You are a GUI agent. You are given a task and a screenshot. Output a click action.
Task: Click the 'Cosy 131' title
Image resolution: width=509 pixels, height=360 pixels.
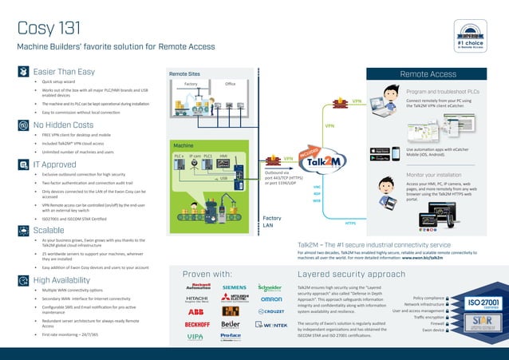(49, 28)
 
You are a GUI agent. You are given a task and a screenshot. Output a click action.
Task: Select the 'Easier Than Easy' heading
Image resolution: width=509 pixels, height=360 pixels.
(64, 71)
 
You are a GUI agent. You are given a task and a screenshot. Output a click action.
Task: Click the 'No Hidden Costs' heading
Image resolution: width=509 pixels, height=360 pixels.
(63, 125)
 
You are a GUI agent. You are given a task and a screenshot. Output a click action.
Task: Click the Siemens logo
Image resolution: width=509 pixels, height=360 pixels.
(234, 287)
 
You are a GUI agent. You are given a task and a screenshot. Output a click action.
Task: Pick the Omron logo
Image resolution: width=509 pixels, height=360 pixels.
(271, 299)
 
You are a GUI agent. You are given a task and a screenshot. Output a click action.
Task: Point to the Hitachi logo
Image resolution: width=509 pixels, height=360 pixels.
(196, 299)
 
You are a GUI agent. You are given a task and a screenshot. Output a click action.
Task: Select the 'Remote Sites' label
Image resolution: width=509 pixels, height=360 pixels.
(184, 73)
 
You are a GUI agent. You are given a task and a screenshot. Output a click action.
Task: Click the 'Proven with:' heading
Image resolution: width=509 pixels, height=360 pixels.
(207, 272)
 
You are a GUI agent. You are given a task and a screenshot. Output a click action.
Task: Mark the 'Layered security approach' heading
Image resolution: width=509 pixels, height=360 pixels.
(351, 272)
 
